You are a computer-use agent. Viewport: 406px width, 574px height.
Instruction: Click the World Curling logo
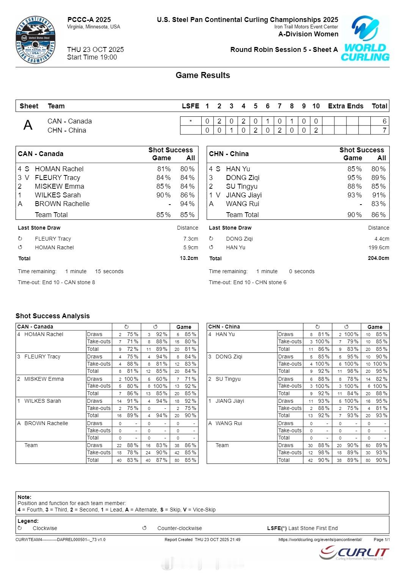(x=365, y=39)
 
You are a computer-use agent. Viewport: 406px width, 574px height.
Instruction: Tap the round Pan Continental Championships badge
(x=36, y=40)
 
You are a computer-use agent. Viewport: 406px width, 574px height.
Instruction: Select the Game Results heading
(x=203, y=75)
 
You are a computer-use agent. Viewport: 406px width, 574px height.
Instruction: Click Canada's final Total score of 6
(x=384, y=121)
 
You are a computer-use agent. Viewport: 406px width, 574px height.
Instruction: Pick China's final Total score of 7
(x=384, y=130)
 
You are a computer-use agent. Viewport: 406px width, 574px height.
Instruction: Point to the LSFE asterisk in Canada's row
(x=191, y=121)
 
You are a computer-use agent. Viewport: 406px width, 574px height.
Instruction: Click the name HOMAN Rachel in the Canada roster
(x=59, y=169)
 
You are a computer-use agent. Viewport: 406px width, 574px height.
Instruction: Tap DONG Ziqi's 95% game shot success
(x=354, y=178)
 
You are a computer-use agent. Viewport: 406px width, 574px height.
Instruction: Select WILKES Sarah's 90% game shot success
(x=163, y=195)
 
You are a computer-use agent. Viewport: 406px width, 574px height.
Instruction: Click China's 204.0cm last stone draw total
(x=378, y=258)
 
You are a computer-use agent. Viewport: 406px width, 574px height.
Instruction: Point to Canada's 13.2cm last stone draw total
(x=189, y=258)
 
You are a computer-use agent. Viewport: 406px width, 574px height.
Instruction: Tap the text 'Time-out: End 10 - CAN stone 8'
(x=56, y=282)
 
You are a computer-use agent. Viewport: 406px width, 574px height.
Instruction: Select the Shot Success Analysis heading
(x=53, y=316)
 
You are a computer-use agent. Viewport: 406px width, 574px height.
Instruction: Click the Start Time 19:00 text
(x=92, y=57)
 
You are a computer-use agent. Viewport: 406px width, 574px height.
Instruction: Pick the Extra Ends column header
(x=345, y=106)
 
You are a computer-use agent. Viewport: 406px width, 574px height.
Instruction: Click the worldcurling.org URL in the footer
(x=320, y=540)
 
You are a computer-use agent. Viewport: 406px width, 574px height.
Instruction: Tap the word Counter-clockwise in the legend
(x=180, y=528)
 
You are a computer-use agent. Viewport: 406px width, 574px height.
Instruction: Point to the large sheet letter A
(x=28, y=125)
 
